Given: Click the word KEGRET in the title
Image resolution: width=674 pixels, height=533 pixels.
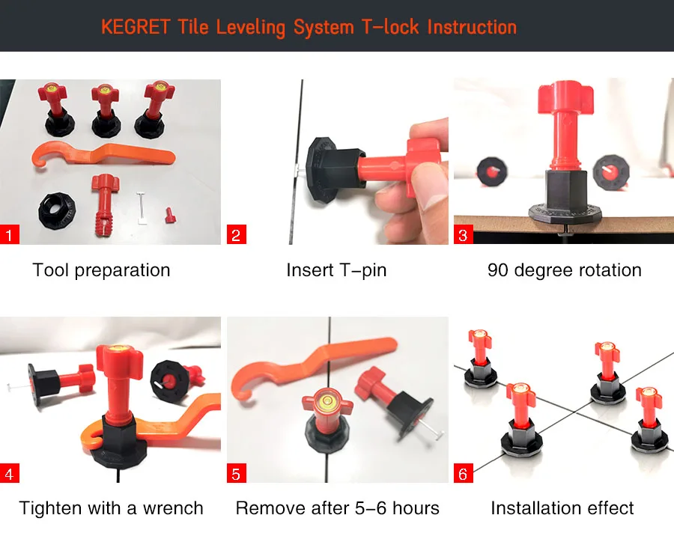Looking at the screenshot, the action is [x=136, y=27].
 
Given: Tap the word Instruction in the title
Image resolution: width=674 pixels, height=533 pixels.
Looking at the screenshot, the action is [x=472, y=27].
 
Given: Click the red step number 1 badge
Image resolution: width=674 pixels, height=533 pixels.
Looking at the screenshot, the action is [x=10, y=234].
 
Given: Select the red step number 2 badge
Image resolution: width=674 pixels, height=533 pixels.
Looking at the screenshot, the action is [x=237, y=234].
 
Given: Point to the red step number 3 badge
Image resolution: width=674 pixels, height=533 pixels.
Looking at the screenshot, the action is [x=464, y=234].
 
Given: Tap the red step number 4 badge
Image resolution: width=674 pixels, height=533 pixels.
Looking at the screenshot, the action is [x=10, y=473].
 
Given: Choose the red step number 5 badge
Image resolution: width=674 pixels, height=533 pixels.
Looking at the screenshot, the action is [x=237, y=473].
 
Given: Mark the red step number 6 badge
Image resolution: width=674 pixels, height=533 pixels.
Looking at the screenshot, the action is [x=464, y=473].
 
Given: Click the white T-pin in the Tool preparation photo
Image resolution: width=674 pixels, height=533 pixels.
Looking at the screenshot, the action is [x=142, y=208].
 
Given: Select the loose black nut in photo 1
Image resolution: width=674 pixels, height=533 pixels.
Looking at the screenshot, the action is [x=57, y=210].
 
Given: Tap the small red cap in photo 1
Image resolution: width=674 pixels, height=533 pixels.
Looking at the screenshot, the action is [x=171, y=215].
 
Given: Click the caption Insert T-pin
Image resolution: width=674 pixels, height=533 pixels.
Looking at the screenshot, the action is [x=336, y=270].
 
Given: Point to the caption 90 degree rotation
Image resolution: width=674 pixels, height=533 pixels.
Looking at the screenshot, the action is [x=565, y=270].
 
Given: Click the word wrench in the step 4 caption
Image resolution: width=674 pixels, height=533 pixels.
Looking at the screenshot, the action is [x=173, y=508].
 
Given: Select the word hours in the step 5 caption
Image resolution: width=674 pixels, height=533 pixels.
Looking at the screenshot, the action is [x=416, y=508].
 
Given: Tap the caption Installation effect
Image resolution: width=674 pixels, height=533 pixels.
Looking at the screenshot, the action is [x=562, y=508].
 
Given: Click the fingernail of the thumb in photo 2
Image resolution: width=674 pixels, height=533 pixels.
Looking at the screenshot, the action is [x=425, y=176].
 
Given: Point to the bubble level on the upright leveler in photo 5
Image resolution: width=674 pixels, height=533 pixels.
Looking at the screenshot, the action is [x=327, y=400].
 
